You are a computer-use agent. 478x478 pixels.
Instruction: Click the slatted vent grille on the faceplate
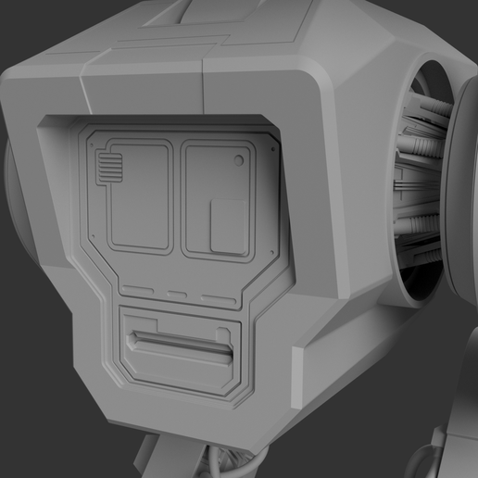pyautogui.click(x=108, y=169)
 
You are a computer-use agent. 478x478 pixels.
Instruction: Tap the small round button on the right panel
pyautogui.click(x=239, y=161)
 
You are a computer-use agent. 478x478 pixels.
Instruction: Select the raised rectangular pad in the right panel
pyautogui.click(x=228, y=225)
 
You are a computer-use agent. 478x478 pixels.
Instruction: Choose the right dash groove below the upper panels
pyautogui.click(x=219, y=298)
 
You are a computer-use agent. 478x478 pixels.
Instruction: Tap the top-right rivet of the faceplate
pyautogui.click(x=270, y=148)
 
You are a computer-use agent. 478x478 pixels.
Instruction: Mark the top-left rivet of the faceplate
pyautogui.click(x=96, y=138)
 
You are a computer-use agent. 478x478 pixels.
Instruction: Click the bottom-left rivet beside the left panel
pyautogui.click(x=96, y=236)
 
